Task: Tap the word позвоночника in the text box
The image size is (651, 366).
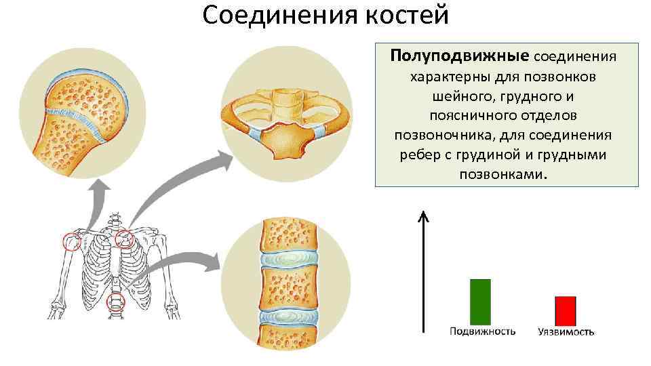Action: [445, 135]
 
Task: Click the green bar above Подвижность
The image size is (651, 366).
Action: [481, 302]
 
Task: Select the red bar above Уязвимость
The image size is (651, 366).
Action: [565, 310]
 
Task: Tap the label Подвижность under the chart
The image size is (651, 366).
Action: [482, 331]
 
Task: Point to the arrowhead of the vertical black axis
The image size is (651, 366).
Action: [423, 216]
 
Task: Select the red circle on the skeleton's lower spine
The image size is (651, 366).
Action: [117, 303]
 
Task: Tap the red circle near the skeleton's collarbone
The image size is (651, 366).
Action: [124, 238]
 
